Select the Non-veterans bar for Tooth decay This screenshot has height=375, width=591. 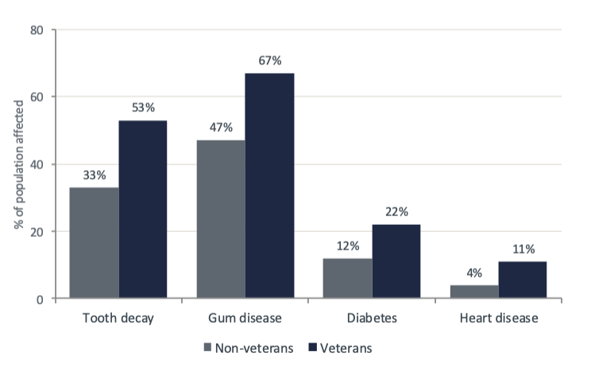pos(95,243)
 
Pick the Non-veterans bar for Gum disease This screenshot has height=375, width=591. pos(221,219)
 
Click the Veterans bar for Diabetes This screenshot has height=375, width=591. pos(396,261)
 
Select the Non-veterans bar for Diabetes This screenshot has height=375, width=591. pos(348,278)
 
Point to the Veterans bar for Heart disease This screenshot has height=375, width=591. pos(523,280)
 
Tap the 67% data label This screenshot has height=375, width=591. pos(269,60)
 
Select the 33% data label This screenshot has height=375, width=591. pos(95,175)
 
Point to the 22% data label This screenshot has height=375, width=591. pos(396,211)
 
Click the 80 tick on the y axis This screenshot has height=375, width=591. pos(37,30)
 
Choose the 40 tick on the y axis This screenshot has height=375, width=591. pos(37,164)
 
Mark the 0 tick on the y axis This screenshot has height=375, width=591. pos(40,300)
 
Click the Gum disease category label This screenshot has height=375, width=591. pos(245,319)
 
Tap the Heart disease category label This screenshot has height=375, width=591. pos(499,319)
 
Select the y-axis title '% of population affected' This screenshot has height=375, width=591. pos(17,165)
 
